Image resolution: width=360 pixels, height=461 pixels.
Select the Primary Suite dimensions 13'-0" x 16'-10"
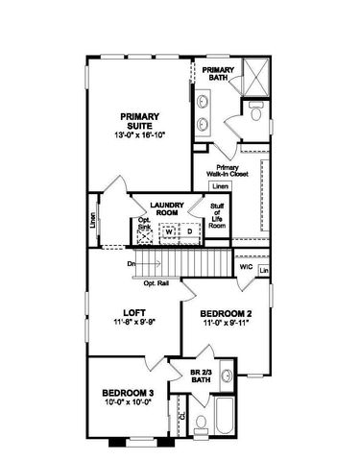tap(139, 135)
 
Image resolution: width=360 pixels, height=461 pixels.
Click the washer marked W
tap(168, 231)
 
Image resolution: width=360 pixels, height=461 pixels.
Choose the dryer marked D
tap(188, 231)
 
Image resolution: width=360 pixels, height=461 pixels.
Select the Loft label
tap(133, 312)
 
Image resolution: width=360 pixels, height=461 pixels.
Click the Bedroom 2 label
tap(226, 314)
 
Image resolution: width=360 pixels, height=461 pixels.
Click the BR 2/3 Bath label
tap(199, 377)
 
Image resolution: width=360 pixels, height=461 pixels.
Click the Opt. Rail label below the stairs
tap(156, 283)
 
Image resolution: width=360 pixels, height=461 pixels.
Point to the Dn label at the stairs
tap(131, 264)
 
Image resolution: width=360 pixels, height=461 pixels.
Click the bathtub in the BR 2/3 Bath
tap(228, 424)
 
